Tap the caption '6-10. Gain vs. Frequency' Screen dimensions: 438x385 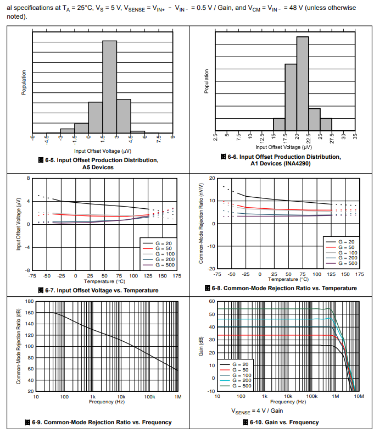point(284,422)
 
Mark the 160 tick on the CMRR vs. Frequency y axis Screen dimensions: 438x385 point(30,313)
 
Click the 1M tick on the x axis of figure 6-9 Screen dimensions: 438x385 point(177,396)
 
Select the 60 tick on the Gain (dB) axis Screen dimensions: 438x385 point(211,301)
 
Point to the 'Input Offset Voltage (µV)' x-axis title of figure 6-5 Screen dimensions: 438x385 point(102,151)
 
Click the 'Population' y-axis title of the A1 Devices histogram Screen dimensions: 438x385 point(207,82)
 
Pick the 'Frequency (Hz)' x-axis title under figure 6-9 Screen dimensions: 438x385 point(106,402)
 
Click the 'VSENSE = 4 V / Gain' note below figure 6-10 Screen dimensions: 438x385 point(257,411)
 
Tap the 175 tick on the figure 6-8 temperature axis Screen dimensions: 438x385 point(360,274)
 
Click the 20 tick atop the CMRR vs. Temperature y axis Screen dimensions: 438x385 point(212,178)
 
